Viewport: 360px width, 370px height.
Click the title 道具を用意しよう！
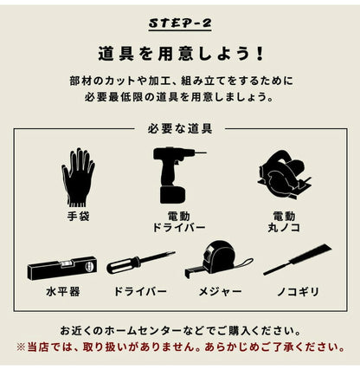[179, 52]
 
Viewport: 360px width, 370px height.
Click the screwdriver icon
[140, 263]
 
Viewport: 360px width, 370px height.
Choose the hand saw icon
[296, 260]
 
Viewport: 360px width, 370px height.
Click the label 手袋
[78, 214]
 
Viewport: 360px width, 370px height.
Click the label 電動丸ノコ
[283, 221]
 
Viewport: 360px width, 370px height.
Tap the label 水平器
[61, 292]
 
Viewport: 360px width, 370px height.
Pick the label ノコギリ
[297, 292]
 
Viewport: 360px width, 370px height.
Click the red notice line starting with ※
[179, 347]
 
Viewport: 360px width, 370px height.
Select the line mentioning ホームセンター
[179, 331]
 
